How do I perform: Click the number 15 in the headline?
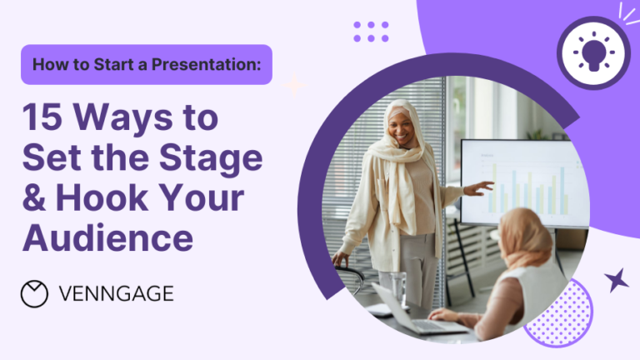tap(42, 117)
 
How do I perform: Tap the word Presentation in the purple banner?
tap(206, 64)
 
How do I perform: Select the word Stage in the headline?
tap(211, 159)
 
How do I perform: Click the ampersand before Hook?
tap(34, 197)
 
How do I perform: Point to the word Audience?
tap(107, 238)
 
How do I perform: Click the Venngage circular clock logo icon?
tap(34, 293)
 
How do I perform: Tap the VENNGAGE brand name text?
tap(117, 294)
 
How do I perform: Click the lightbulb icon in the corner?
tap(593, 52)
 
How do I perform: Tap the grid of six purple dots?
tap(371, 32)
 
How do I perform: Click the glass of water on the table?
tap(397, 287)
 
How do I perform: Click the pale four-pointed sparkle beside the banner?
tap(294, 85)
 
